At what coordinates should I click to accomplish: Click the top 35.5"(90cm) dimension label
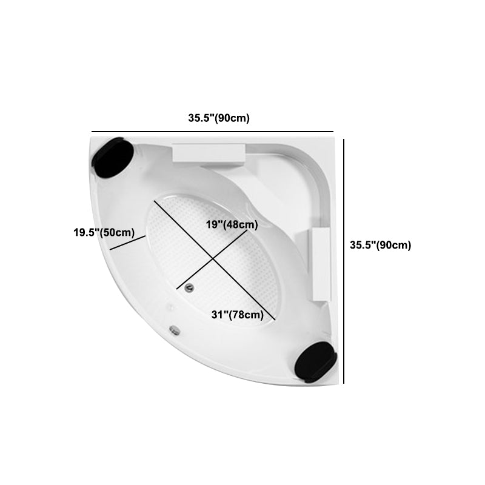click(x=219, y=118)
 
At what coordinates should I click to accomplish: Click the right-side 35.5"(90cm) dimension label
click(x=381, y=245)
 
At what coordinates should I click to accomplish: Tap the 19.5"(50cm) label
click(x=104, y=232)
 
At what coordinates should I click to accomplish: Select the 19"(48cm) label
click(x=232, y=224)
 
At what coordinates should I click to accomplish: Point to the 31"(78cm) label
click(x=238, y=315)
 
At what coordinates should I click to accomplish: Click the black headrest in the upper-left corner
click(x=113, y=158)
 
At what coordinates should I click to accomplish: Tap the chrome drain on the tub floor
click(x=189, y=287)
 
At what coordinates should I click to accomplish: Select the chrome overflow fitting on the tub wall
click(x=175, y=330)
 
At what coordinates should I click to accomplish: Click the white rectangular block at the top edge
click(x=209, y=153)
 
